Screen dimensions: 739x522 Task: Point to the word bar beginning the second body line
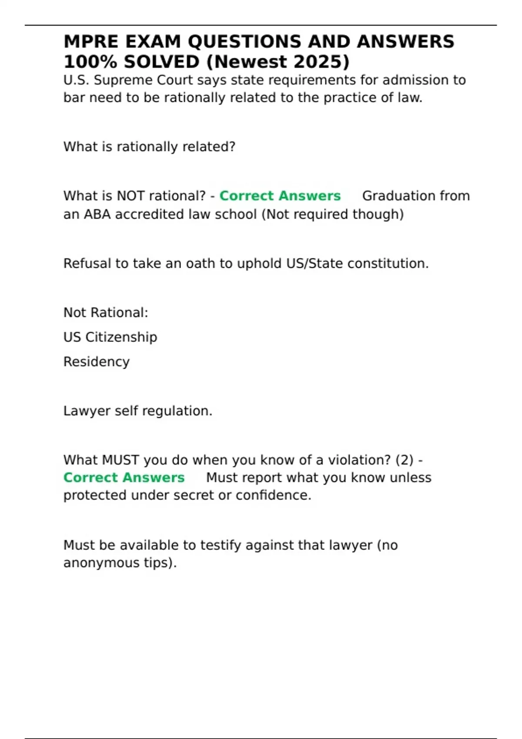pyautogui.click(x=72, y=98)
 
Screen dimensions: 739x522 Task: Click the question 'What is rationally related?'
pyautogui.click(x=149, y=147)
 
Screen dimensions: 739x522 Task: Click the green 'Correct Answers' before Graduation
pyautogui.click(x=280, y=196)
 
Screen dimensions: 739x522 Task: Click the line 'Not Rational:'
pyautogui.click(x=106, y=313)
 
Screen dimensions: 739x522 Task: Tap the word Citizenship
pyautogui.click(x=121, y=337)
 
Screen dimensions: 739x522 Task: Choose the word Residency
pyautogui.click(x=96, y=362)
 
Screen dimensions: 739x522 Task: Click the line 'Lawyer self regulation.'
pyautogui.click(x=137, y=411)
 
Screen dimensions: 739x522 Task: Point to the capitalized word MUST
pyautogui.click(x=120, y=460)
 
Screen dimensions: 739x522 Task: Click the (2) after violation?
pyautogui.click(x=405, y=460)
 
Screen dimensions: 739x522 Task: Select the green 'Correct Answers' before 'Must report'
pyautogui.click(x=124, y=478)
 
